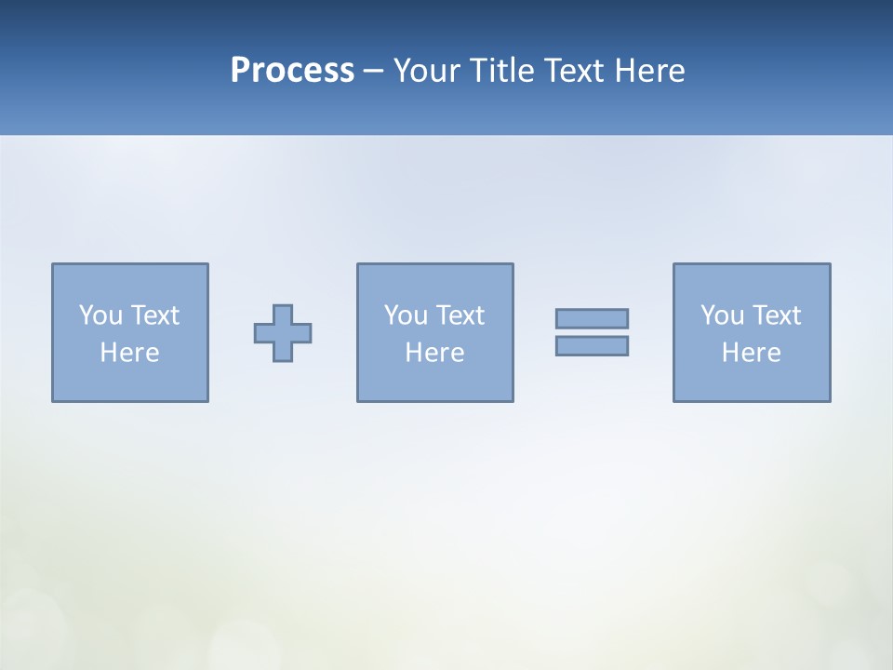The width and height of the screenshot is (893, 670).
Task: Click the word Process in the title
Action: [x=292, y=71]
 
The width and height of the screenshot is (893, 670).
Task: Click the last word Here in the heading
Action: [x=649, y=71]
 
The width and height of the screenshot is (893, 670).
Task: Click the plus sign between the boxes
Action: [x=283, y=333]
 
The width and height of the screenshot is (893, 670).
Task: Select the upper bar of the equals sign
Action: [x=592, y=318]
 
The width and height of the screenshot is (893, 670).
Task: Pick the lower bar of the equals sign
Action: [x=592, y=345]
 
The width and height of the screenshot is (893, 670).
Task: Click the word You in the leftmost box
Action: [x=100, y=315]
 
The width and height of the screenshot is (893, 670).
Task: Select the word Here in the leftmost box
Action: [x=130, y=353]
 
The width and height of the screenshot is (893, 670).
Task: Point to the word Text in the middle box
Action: [x=460, y=315]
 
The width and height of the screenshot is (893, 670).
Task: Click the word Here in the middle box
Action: [x=435, y=353]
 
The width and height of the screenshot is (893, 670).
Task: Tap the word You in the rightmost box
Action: [x=722, y=315]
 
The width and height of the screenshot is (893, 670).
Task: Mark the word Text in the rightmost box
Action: [x=776, y=315]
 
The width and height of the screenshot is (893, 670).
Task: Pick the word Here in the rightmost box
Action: [x=752, y=353]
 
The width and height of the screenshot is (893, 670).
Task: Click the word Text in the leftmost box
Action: [x=154, y=315]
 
